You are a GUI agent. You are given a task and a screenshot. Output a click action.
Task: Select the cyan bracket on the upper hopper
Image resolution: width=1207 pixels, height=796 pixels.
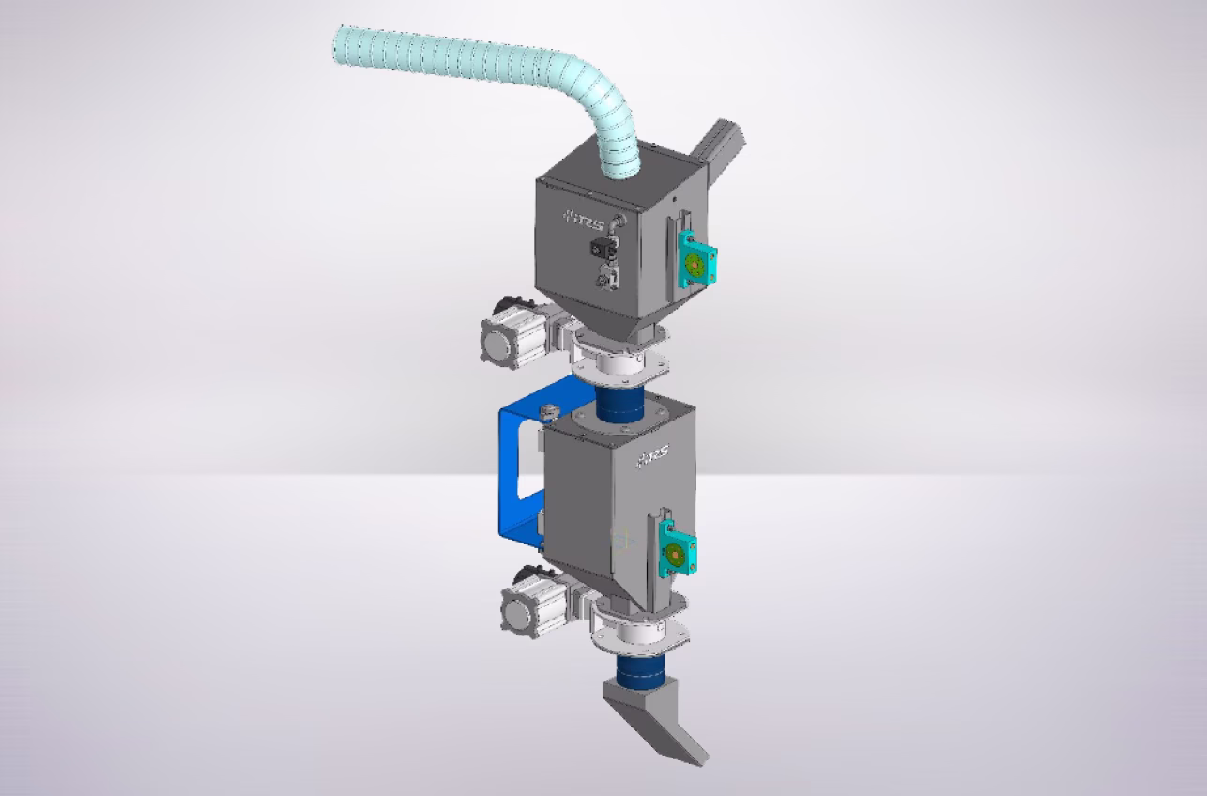point(694,260)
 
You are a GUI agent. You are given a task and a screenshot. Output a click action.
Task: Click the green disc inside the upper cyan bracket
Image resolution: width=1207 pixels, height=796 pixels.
point(694,263)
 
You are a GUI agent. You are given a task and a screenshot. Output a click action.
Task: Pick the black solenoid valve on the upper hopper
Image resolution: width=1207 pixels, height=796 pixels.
point(601,248)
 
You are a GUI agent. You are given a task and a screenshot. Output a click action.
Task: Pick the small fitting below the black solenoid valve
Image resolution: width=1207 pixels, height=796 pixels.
point(606,277)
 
